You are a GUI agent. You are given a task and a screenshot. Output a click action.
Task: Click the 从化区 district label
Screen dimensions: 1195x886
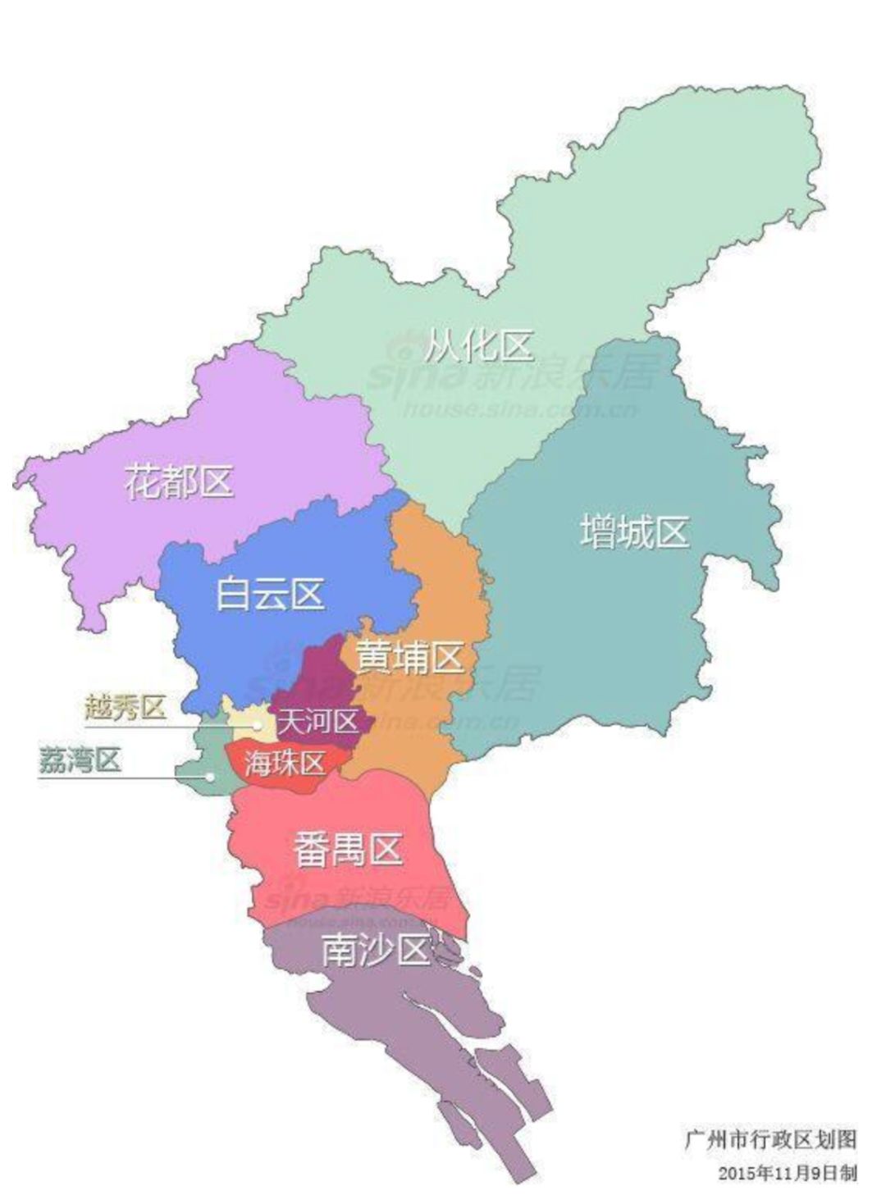[479, 346]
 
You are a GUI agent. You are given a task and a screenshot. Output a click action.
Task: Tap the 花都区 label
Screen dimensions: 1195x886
[179, 481]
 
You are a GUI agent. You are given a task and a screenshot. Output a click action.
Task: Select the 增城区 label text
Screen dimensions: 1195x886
[633, 531]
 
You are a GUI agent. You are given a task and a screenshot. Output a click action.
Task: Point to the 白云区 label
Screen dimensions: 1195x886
[270, 593]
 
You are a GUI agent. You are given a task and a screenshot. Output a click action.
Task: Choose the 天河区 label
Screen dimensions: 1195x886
[318, 723]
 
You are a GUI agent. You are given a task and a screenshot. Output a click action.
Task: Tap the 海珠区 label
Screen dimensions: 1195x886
[285, 763]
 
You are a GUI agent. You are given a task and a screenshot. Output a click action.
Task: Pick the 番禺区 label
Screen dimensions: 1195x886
[348, 851]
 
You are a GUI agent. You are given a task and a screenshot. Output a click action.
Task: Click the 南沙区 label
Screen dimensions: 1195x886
[376, 951]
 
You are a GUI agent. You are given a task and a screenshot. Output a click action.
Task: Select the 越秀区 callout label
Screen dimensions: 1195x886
[126, 706]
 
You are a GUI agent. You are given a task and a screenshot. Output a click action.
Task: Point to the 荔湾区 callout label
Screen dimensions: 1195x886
[80, 760]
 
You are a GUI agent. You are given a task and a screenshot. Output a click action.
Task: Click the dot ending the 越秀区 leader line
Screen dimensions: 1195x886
[258, 725]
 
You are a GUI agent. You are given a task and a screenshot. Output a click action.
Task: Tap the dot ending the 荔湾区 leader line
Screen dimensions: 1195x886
[211, 776]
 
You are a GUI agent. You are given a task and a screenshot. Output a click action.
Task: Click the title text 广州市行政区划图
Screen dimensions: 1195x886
[770, 1139]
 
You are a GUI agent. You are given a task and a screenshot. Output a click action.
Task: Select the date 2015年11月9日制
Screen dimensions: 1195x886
[787, 1173]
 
